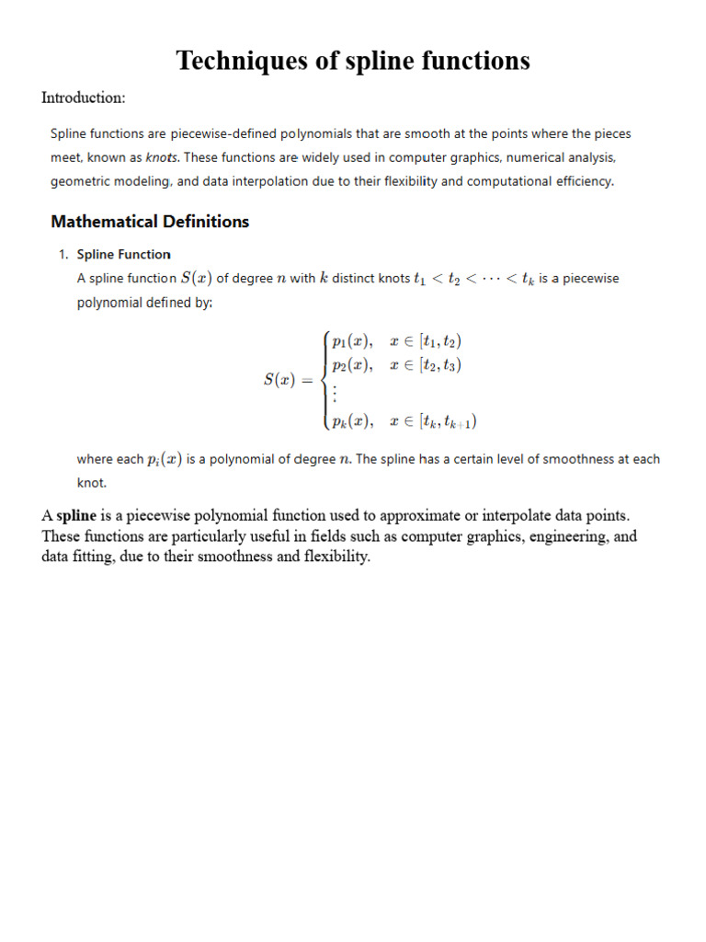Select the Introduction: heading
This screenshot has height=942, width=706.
click(x=84, y=98)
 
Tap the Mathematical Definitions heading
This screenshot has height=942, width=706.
click(x=150, y=221)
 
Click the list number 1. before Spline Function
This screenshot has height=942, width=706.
click(x=64, y=255)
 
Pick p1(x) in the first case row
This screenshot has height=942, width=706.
click(x=352, y=341)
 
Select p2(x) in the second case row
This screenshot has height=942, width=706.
click(x=352, y=365)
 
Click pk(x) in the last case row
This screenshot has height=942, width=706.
click(x=352, y=422)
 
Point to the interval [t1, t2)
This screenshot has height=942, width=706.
click(x=439, y=341)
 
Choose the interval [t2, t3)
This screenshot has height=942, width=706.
click(x=439, y=365)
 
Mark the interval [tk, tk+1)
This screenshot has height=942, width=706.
click(x=447, y=422)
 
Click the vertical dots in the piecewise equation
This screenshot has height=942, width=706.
click(x=336, y=394)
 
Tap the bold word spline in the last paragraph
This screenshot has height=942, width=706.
click(x=76, y=515)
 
